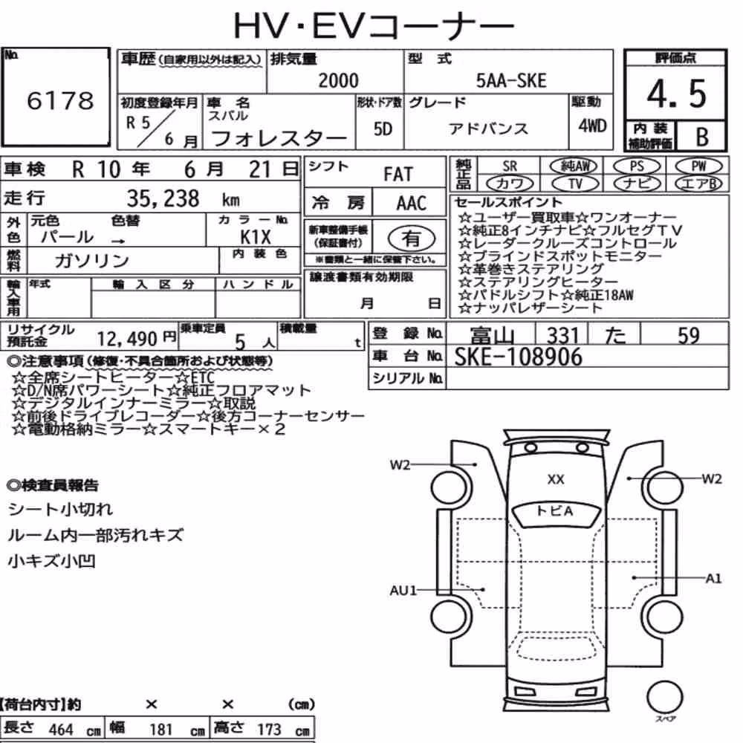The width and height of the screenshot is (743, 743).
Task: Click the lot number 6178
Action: click(60, 100)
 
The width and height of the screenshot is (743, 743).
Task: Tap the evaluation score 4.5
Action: click(677, 94)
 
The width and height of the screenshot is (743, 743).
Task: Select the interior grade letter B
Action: click(702, 137)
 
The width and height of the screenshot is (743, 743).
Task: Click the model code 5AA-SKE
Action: click(511, 80)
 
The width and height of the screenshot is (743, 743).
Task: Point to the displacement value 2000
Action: click(338, 80)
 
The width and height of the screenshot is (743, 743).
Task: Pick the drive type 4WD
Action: click(592, 126)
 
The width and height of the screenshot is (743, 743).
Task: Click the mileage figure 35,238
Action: click(163, 198)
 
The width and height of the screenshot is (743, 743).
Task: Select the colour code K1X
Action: click(256, 236)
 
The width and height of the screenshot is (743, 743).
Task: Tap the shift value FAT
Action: click(398, 175)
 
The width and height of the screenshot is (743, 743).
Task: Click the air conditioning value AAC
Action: click(411, 204)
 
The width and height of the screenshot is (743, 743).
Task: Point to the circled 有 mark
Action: click(412, 239)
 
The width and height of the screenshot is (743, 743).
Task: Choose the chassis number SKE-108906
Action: click(518, 357)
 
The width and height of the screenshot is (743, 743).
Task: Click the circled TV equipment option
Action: click(575, 184)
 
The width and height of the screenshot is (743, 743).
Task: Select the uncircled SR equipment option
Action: click(510, 166)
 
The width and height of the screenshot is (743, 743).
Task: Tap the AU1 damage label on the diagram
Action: click(403, 591)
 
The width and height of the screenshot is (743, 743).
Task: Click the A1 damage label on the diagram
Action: click(713, 578)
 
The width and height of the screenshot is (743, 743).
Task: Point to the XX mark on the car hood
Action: click(556, 479)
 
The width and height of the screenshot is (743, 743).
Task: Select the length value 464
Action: click(61, 729)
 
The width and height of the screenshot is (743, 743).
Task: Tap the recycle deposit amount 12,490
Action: click(127, 339)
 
